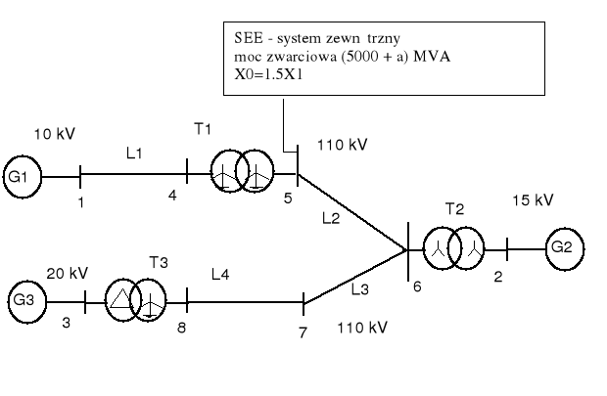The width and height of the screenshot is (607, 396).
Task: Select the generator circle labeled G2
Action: pos(562,246)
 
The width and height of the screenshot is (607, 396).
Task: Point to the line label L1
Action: pos(134,154)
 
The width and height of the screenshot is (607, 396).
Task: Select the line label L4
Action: pos(221,278)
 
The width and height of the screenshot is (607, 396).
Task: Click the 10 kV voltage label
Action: pos(54,133)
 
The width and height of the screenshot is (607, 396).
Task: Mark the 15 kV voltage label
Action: pos(533,200)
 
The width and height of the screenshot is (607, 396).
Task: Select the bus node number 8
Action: pos(181,328)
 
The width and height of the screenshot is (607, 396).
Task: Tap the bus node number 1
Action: pos(81,202)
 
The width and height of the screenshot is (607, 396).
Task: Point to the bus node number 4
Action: pos(173,197)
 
